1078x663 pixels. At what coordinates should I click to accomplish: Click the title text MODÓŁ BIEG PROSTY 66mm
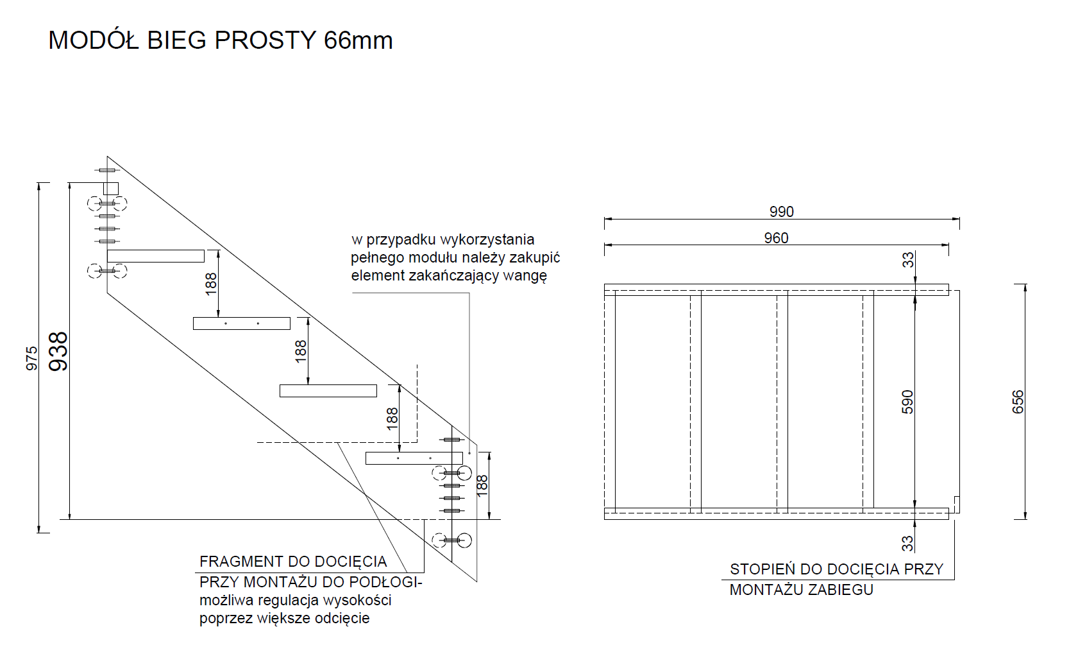click(221, 40)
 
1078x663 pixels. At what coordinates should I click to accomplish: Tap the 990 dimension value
click(782, 212)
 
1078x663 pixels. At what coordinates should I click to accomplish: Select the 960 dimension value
click(776, 238)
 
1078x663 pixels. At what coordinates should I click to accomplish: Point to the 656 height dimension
click(1018, 402)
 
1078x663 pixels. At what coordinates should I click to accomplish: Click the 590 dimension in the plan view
click(907, 402)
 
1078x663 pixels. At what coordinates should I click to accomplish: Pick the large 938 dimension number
click(59, 352)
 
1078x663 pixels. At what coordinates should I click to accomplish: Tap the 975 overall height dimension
click(31, 358)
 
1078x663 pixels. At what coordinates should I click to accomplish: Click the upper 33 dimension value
click(907, 260)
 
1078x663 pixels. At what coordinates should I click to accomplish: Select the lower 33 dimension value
click(907, 544)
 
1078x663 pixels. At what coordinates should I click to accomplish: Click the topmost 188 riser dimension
click(211, 284)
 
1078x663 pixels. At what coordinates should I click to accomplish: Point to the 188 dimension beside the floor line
click(482, 486)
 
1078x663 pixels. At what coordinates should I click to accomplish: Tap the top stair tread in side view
click(155, 256)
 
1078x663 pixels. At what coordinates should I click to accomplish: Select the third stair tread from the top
click(328, 390)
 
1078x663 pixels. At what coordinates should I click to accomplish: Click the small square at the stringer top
click(111, 188)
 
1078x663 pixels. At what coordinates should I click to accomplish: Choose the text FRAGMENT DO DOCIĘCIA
click(293, 562)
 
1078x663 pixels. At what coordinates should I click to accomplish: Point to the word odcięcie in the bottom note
click(342, 618)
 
